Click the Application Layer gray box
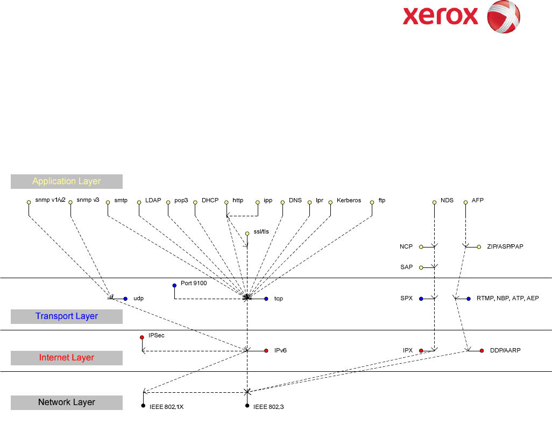coord(67,181)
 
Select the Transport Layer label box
coord(67,316)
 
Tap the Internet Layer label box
coord(67,358)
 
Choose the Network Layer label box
coord(67,402)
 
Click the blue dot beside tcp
coord(266,299)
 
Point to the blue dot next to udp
coord(125,299)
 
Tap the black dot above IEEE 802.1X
coord(143,406)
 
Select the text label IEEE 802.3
coord(268,407)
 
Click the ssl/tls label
coord(261,232)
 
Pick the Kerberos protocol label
coord(349,201)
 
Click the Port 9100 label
coord(194,283)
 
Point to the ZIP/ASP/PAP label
coord(505,246)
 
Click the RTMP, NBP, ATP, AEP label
coord(507,298)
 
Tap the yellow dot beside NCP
coord(421,247)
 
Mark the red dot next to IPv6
coord(266,351)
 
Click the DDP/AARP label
coord(505,350)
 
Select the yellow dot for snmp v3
coord(70,203)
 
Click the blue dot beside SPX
coord(421,299)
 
